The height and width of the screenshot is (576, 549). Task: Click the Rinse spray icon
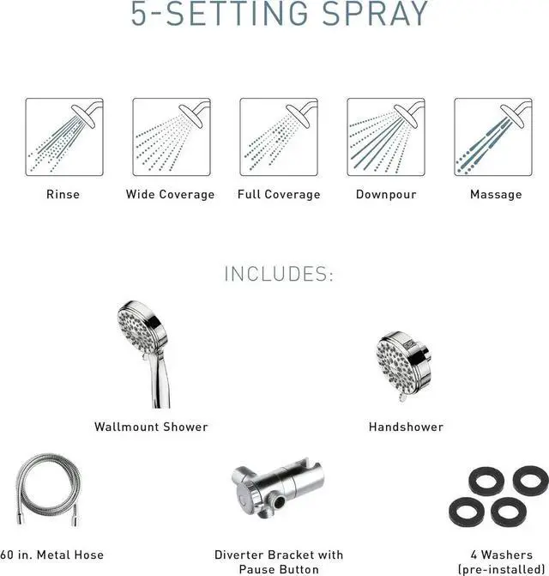pyautogui.click(x=63, y=137)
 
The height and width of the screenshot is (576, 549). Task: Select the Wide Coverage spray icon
pyautogui.click(x=171, y=137)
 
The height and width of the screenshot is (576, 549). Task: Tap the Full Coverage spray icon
pyautogui.click(x=278, y=137)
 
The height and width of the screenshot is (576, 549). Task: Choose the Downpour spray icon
pyautogui.click(x=386, y=137)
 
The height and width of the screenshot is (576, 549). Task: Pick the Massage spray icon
pyautogui.click(x=493, y=137)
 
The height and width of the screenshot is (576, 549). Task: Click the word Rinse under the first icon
pyautogui.click(x=63, y=195)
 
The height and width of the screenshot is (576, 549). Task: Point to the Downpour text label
pyautogui.click(x=386, y=195)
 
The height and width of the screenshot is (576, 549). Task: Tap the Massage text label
pyautogui.click(x=496, y=195)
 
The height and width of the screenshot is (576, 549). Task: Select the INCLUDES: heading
pyautogui.click(x=278, y=275)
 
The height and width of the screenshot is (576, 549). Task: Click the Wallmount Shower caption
pyautogui.click(x=151, y=427)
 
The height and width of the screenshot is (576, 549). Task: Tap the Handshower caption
pyautogui.click(x=407, y=427)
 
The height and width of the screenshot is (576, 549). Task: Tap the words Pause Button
pyautogui.click(x=279, y=569)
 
